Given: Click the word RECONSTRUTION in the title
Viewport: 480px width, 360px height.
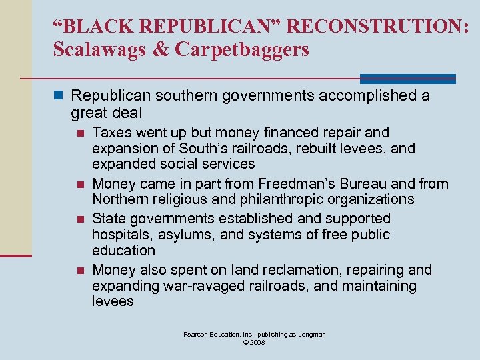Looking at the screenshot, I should point(381,27).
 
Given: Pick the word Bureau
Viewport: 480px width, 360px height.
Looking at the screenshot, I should point(371,183).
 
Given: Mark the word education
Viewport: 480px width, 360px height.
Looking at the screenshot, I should point(123,251).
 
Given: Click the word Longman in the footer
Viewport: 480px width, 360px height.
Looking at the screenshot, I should point(310,334).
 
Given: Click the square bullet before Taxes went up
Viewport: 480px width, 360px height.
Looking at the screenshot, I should point(80,133).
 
